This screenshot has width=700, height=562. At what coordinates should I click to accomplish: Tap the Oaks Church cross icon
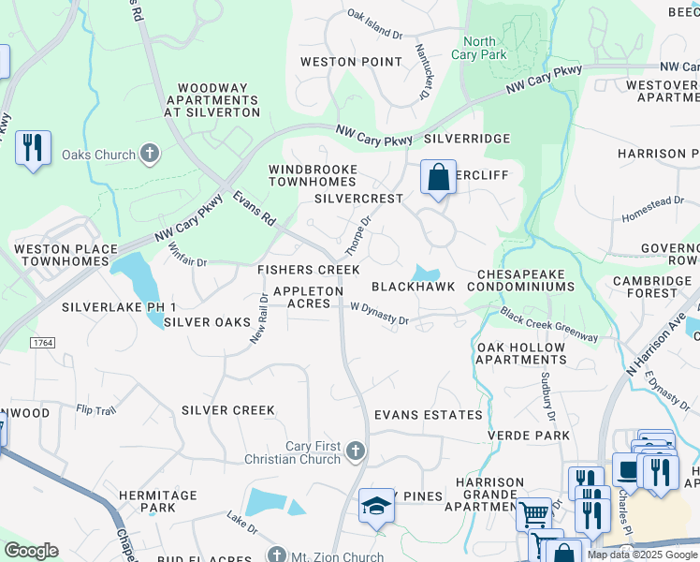[x=150, y=154]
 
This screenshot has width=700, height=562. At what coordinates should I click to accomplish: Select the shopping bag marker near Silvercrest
[x=437, y=176]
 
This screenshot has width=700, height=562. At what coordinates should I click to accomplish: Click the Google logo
[x=31, y=551]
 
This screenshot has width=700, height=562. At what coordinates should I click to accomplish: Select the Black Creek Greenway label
[x=548, y=325]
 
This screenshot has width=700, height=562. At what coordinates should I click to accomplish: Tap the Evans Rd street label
[x=254, y=208]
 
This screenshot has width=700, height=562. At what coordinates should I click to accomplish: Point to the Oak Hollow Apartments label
[x=521, y=353]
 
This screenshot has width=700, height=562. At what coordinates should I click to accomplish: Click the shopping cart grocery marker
[x=533, y=512]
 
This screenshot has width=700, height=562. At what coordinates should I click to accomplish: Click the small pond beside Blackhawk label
[x=427, y=274]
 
